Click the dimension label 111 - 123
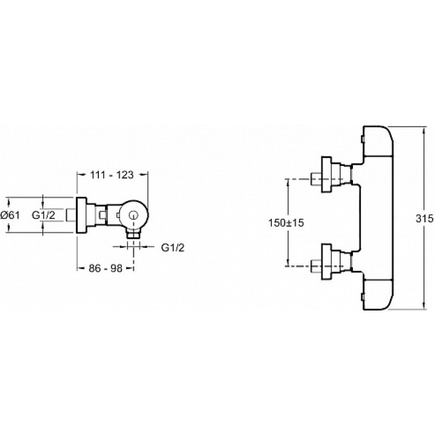[x=112, y=175]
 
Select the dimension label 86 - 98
[x=105, y=268]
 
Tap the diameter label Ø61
[x=10, y=215]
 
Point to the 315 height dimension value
[x=425, y=219]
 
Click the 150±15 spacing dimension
[x=286, y=223]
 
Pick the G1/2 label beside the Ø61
[x=43, y=215]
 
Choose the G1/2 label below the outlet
[x=173, y=247]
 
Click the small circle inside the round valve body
[x=134, y=215]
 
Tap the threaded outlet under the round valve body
[x=134, y=234]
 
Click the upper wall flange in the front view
[x=326, y=175]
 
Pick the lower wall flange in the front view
[x=326, y=262]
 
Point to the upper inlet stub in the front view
[x=316, y=179]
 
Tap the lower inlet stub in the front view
[x=316, y=266]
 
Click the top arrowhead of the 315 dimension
[x=424, y=130]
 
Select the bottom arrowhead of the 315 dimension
[x=424, y=306]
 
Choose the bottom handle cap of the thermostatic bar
[x=378, y=295]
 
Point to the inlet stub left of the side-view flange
[x=71, y=215]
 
